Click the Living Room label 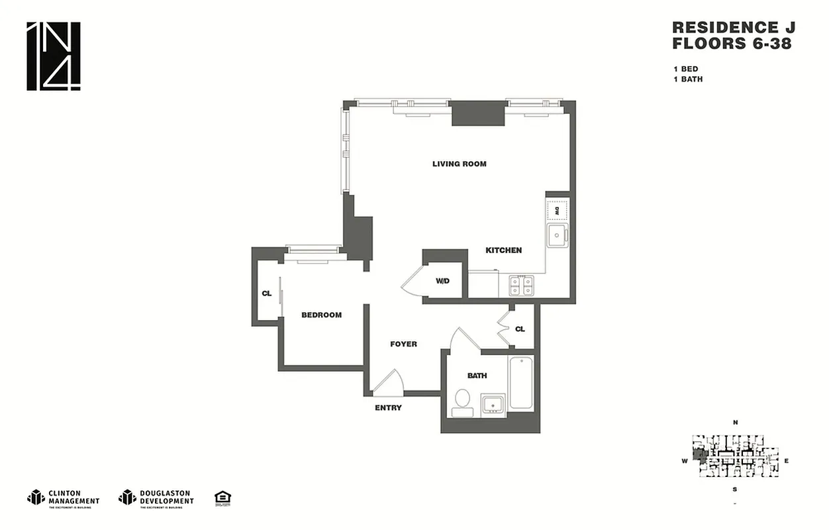coord(459,164)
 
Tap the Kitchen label coord(503,250)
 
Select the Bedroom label coord(321,315)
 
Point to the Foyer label coord(403,344)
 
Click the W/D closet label coord(442,281)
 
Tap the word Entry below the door coord(388,407)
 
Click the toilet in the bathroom coord(462,402)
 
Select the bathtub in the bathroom coord(521,383)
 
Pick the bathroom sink coord(493,404)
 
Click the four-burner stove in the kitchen coord(521,286)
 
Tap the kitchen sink coord(556,235)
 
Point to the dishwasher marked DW coord(556,210)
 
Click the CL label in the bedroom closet coord(266,293)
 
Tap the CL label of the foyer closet coord(520,329)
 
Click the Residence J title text coord(733,28)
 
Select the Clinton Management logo coord(63,497)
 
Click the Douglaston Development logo coord(156,497)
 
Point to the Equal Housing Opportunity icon coord(222,498)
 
